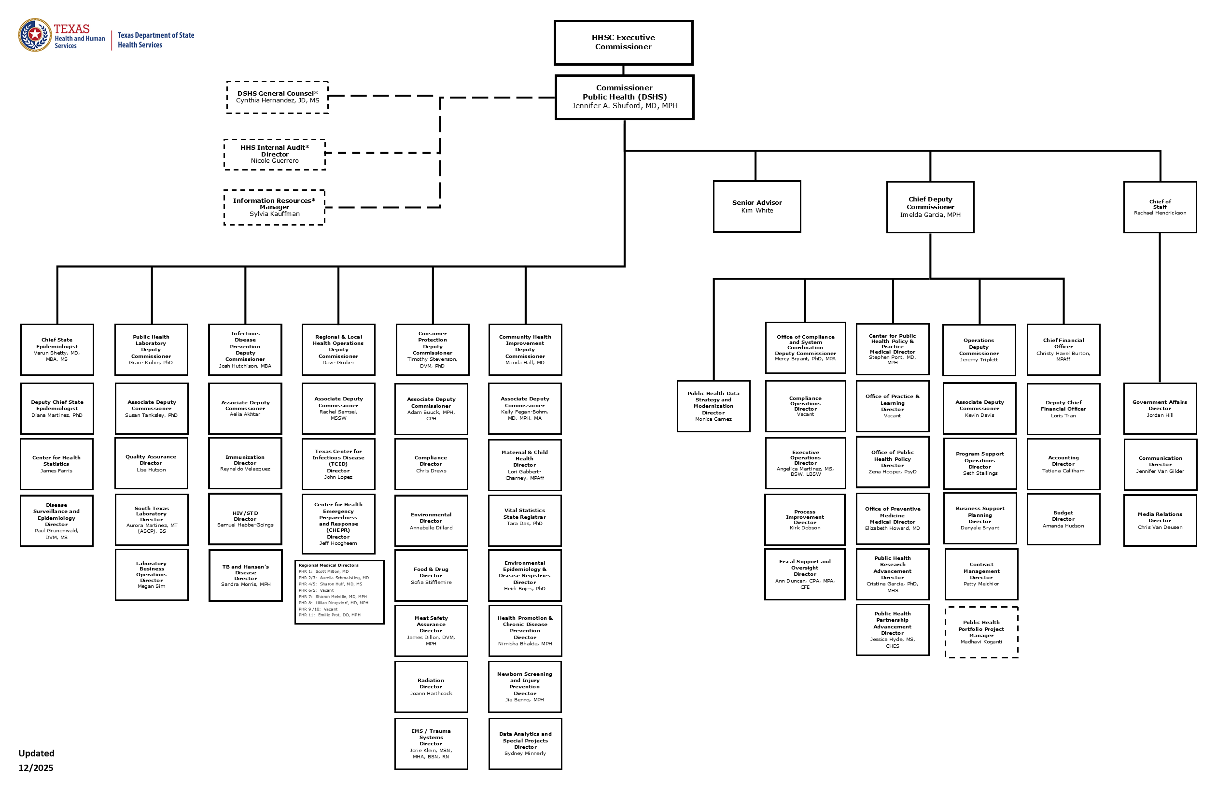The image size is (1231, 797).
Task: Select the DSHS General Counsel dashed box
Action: coord(277,97)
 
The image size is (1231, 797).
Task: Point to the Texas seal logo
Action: coord(35,35)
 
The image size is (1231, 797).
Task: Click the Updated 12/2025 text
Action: coord(36,760)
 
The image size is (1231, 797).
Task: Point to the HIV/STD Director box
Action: coord(245,519)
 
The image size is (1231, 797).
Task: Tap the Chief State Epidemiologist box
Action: coord(57,349)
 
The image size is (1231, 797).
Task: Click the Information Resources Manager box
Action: coord(274,207)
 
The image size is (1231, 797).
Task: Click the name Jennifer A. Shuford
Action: coord(624,106)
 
